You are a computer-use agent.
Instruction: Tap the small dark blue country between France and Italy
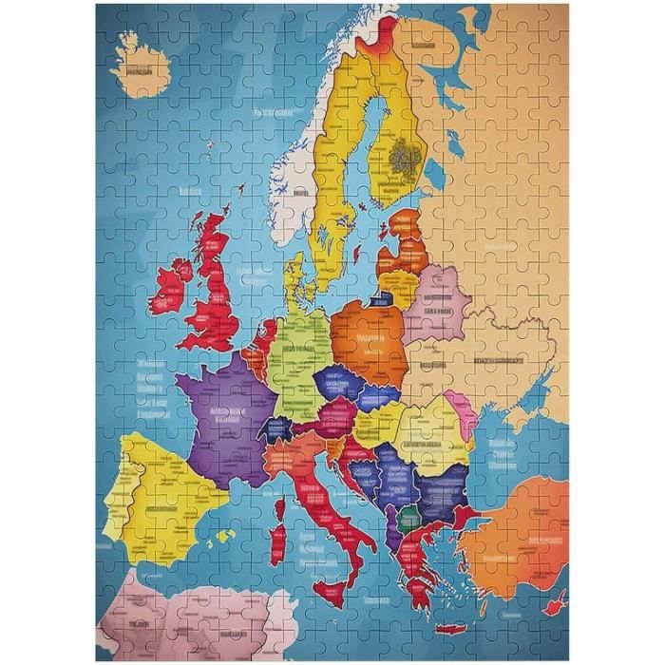point(277,428)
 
